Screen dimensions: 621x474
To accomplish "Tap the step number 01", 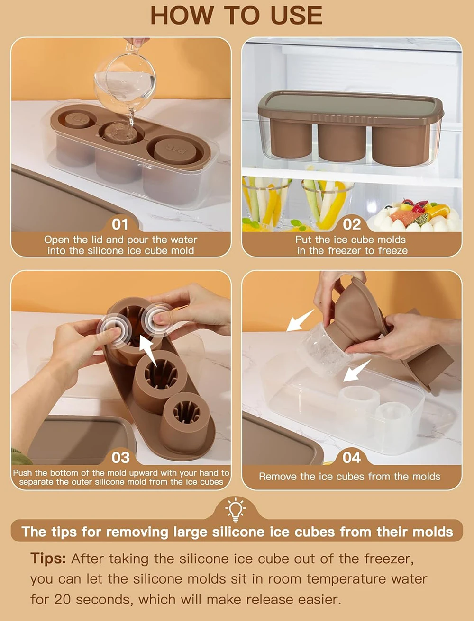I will click(x=120, y=223).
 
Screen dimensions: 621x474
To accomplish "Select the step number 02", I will click(x=352, y=223).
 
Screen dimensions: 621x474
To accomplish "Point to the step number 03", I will click(x=120, y=457).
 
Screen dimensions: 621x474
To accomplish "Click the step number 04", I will click(x=352, y=457).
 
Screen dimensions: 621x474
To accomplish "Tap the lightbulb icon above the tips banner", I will click(x=236, y=509).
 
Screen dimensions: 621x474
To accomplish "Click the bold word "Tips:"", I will click(x=48, y=559).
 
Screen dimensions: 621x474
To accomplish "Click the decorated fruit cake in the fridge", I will click(x=417, y=215).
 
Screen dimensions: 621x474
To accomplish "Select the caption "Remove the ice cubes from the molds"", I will click(x=349, y=477).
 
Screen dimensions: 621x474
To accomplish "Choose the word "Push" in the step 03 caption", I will click(x=23, y=473).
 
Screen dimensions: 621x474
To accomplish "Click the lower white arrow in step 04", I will click(x=356, y=371).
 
